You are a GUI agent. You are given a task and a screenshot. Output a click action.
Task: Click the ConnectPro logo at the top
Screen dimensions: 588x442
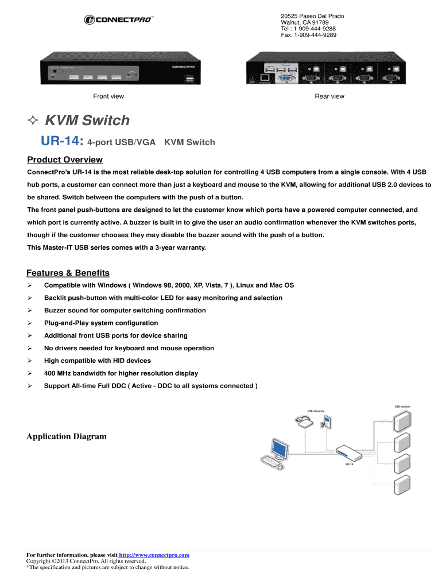(119, 20)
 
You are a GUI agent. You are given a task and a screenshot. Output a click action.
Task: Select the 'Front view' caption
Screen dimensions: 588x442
(108, 96)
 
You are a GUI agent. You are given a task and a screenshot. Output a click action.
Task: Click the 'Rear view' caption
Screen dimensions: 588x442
(329, 96)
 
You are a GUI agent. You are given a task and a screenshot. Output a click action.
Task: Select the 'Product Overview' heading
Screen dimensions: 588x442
(65, 160)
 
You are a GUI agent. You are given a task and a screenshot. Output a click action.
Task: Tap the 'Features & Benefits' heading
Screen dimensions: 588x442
(68, 273)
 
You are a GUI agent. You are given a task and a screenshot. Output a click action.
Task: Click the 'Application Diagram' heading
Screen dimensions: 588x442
(67, 436)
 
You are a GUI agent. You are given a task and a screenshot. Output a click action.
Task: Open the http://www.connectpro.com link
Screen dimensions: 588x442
(154, 555)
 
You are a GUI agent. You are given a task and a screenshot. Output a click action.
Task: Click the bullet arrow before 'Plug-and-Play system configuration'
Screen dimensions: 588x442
(30, 323)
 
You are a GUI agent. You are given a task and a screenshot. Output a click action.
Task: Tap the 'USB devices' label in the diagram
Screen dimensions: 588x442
(316, 411)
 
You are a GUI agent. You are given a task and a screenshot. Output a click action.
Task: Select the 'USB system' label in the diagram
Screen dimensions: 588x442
(402, 407)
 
